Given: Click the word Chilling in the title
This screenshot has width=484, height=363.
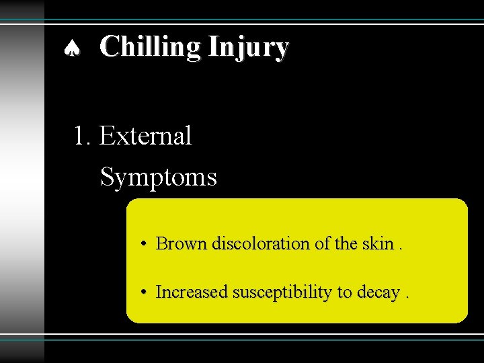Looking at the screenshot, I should (x=151, y=47).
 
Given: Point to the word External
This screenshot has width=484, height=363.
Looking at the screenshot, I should (x=145, y=136).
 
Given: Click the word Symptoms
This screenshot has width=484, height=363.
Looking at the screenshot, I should (x=158, y=178).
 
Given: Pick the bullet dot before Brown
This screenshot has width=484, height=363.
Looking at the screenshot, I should (x=145, y=243).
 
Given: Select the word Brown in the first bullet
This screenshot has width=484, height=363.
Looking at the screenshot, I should (x=182, y=243).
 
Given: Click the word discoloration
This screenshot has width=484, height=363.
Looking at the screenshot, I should (x=262, y=243).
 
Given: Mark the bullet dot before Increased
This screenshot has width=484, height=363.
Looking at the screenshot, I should (x=145, y=292).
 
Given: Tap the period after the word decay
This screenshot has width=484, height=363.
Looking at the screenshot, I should (x=407, y=297).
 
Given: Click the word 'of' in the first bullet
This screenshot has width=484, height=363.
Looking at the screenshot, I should (x=323, y=243).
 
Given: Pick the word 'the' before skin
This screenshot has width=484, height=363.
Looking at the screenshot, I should (x=347, y=243).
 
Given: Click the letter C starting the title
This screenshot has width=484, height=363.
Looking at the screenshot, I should (x=110, y=47).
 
